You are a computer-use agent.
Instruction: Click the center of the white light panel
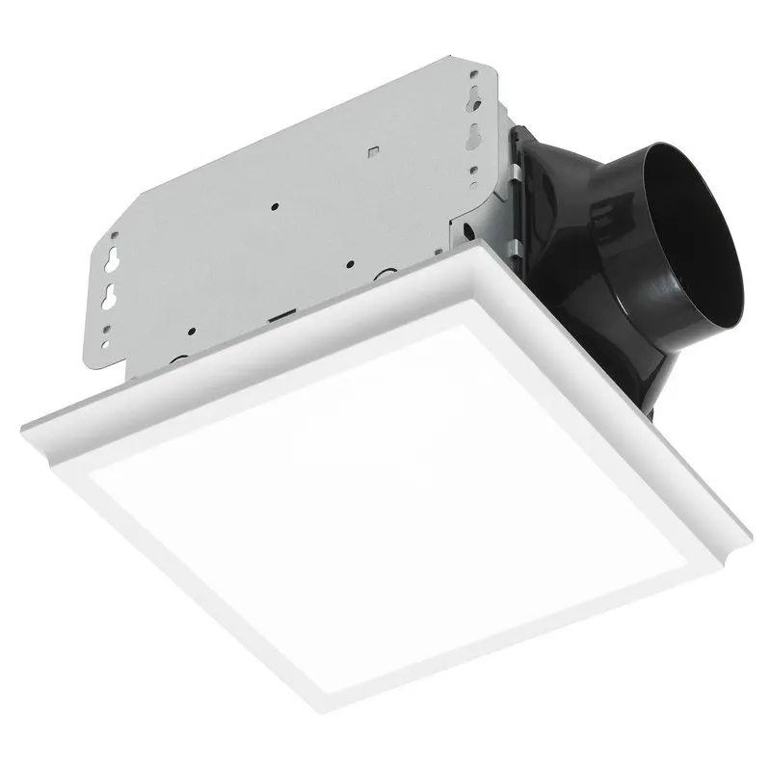385,511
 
